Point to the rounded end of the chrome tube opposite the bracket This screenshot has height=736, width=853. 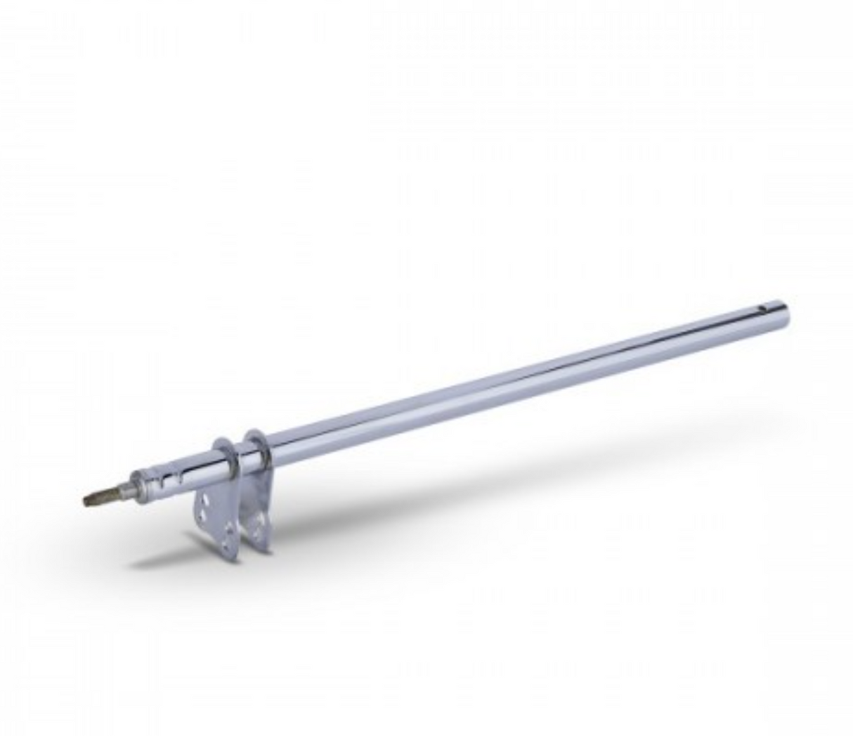(x=783, y=311)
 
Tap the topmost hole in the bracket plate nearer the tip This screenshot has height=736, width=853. (x=205, y=501)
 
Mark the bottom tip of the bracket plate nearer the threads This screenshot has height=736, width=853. (x=232, y=559)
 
